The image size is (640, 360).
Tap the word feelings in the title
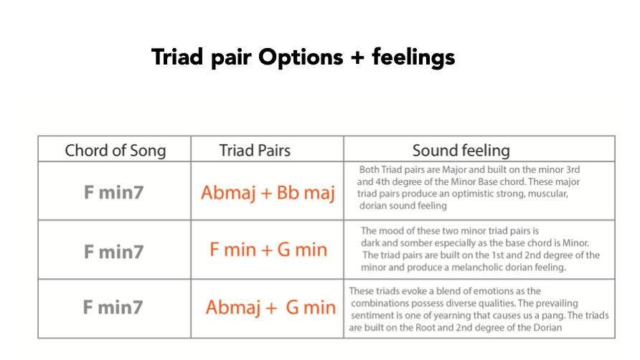(413, 57)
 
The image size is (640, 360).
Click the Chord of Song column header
(115, 151)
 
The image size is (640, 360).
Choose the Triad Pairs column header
(255, 151)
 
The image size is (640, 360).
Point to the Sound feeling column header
(461, 151)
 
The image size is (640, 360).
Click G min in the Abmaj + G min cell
(310, 308)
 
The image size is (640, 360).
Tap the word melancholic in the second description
(472, 267)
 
